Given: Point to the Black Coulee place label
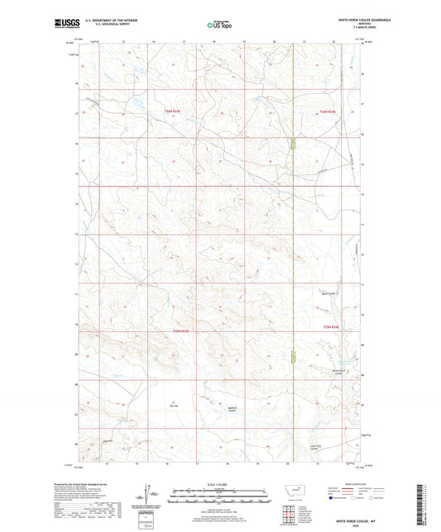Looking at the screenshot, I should (328, 292).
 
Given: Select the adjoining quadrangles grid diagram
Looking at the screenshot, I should (290, 512).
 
